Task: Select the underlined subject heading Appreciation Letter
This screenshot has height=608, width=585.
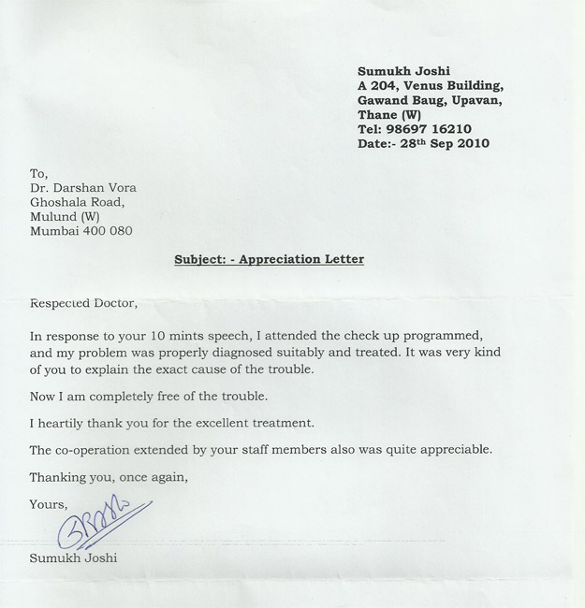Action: tap(301, 259)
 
